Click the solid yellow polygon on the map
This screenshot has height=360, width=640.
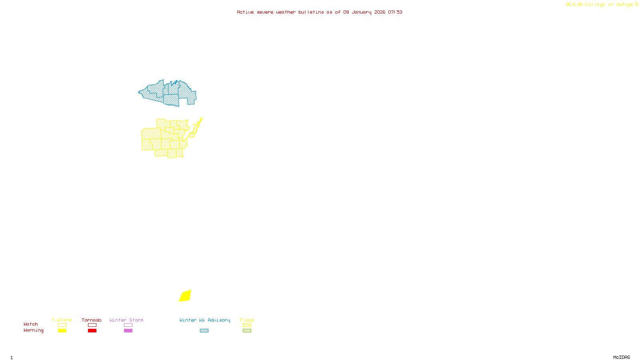185,296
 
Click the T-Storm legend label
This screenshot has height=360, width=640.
62,320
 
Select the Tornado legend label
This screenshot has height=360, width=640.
92,320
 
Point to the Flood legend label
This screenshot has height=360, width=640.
247,320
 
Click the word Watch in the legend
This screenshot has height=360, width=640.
31,324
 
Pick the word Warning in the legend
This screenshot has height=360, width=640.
33,330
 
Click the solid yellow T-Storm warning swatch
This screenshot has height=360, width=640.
62,331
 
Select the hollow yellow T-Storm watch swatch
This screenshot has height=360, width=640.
62,325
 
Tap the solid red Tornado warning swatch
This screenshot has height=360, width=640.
92,331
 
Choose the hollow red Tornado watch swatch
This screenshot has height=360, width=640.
92,325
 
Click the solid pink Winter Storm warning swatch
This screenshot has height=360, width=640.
128,331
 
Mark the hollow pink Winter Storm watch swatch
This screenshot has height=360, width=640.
128,325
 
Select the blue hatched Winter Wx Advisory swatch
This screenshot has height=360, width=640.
204,331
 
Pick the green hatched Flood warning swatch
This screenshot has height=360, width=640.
247,331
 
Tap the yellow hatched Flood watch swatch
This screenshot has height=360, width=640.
247,325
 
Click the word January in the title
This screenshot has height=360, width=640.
362,12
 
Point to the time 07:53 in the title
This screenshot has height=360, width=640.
395,12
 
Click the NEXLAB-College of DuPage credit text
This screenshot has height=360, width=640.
600,4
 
